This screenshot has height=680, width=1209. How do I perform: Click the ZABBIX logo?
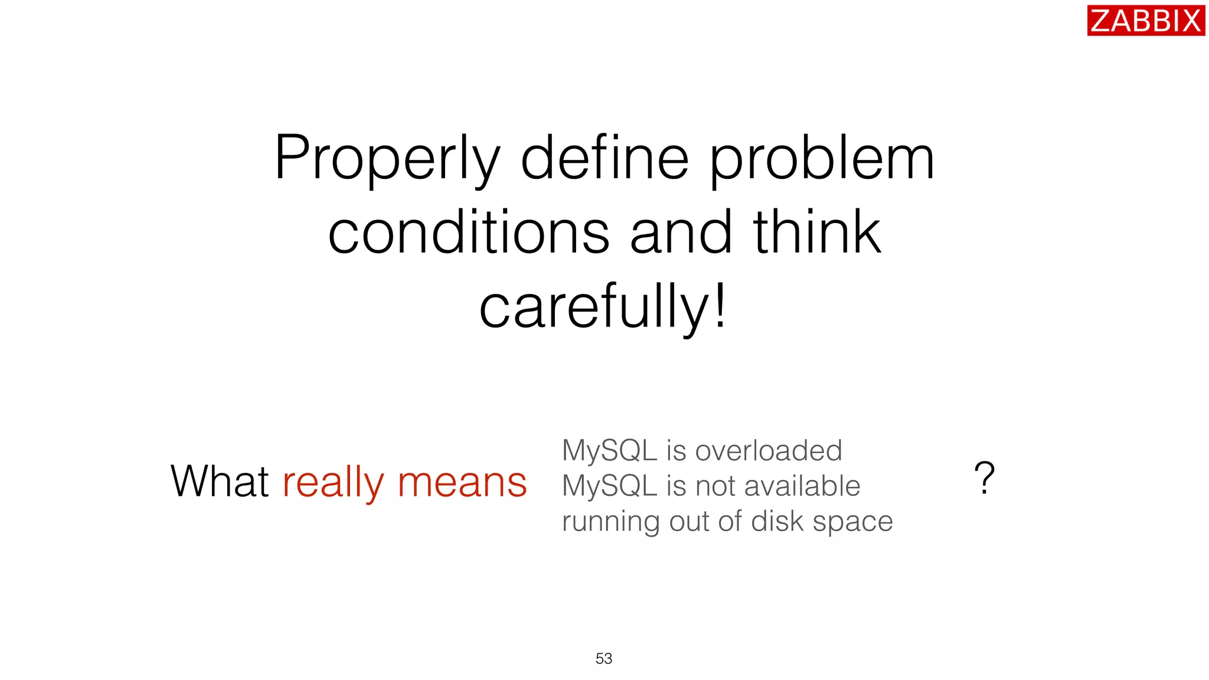(1145, 21)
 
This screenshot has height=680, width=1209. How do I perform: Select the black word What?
(220, 481)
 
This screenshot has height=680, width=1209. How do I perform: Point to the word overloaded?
(768, 451)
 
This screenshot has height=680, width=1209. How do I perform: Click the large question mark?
(984, 478)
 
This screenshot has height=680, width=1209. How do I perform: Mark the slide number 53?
(604, 658)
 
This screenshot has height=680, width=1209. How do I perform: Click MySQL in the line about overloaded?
(609, 451)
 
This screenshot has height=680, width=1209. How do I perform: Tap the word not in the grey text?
(715, 486)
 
